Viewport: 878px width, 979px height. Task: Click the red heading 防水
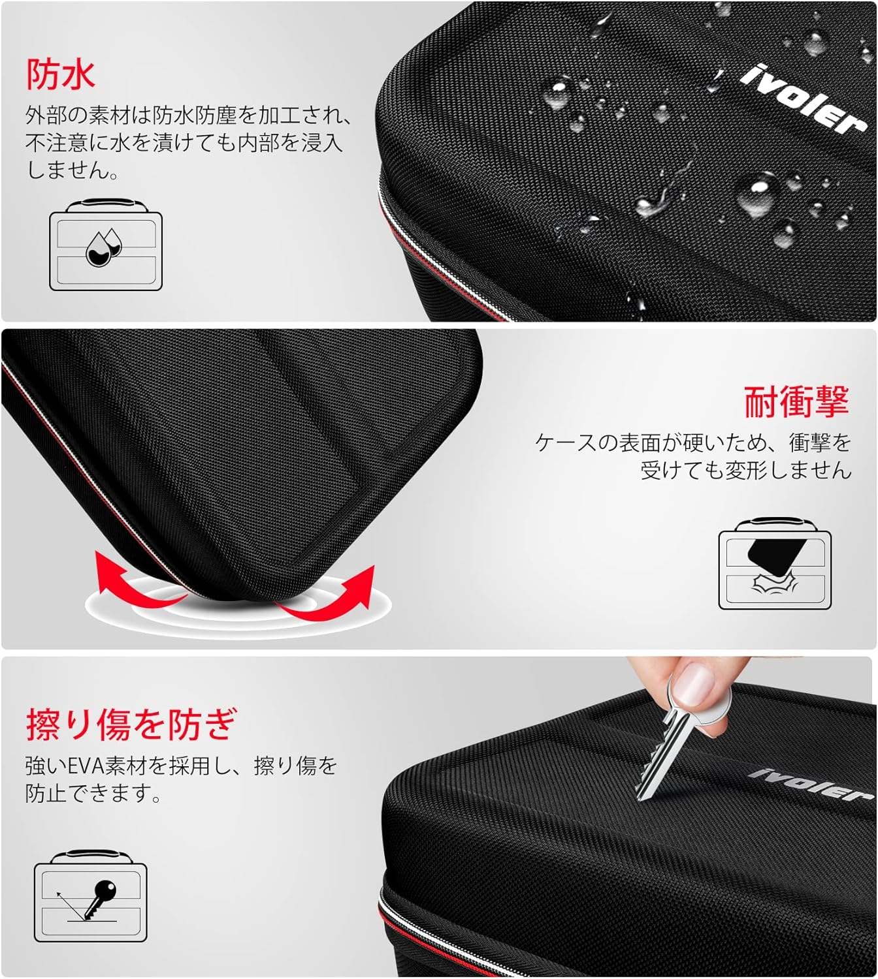(x=61, y=74)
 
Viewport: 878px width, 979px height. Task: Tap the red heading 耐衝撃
(x=796, y=401)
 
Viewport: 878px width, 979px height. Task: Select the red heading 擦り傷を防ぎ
(x=130, y=724)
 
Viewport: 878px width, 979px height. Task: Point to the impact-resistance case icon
(x=775, y=566)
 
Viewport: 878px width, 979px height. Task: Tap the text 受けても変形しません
(x=745, y=470)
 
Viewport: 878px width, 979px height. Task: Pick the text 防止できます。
(x=93, y=794)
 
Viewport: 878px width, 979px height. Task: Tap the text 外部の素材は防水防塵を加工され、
(x=189, y=116)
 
